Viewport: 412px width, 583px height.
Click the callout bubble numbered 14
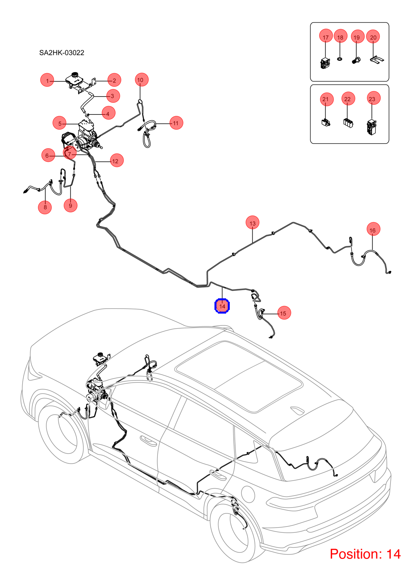[222, 306]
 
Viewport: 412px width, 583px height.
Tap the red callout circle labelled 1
[47, 80]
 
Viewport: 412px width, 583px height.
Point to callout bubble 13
[252, 223]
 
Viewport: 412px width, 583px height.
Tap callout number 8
[45, 207]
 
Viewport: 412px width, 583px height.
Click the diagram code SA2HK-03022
[62, 53]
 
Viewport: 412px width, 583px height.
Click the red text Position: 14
[365, 553]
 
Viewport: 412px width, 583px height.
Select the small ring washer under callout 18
[339, 59]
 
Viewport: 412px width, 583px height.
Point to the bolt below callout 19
[356, 60]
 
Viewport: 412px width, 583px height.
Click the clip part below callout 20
[377, 60]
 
